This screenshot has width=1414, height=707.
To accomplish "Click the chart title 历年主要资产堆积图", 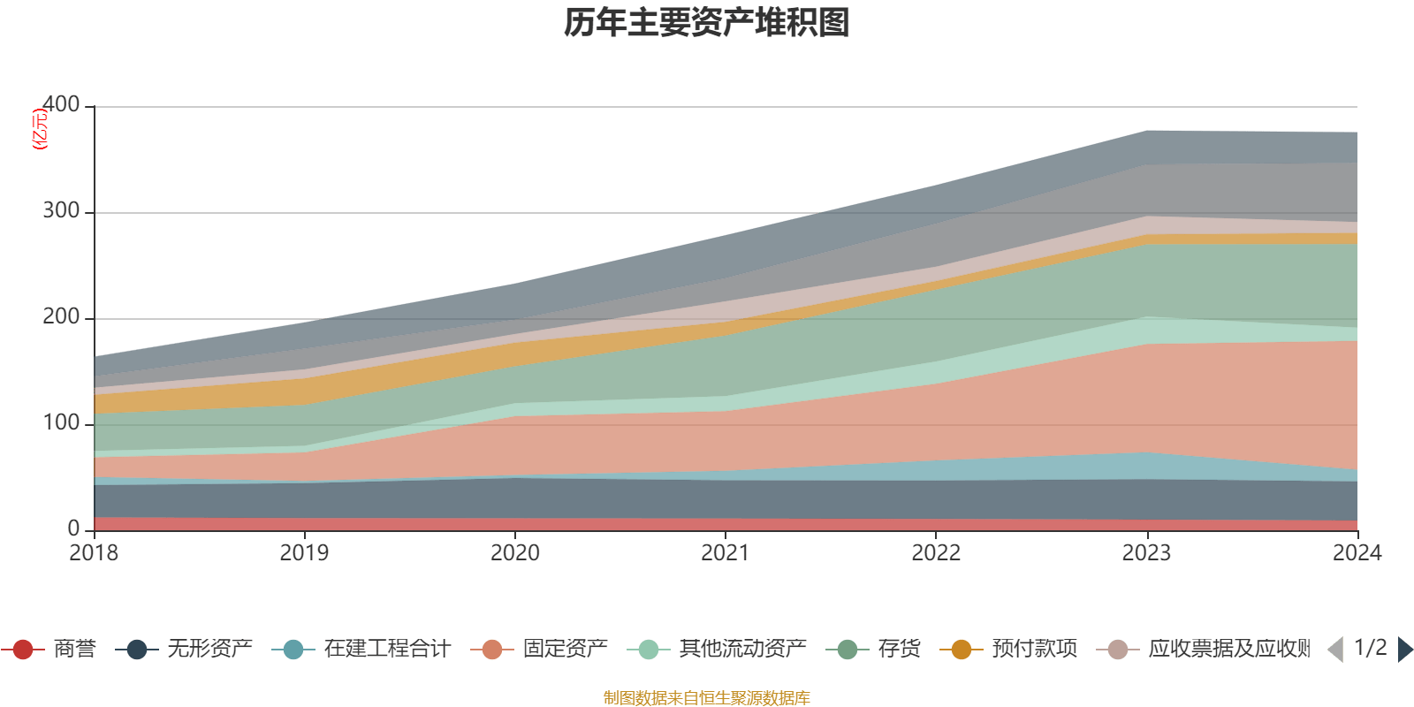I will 707,23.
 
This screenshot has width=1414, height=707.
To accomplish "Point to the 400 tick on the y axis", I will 61,104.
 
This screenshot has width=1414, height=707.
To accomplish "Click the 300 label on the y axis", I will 61,210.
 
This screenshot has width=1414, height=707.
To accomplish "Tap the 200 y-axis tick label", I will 61,316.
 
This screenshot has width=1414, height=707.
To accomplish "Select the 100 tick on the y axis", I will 61,422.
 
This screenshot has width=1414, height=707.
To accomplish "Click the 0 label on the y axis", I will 73,528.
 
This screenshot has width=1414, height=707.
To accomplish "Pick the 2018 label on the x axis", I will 94,553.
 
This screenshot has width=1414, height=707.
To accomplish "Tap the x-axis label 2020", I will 515,553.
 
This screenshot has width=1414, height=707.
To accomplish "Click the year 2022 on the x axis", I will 936,553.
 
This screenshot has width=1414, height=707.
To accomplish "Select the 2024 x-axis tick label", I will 1357,553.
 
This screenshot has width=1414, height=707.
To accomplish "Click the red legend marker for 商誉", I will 24,650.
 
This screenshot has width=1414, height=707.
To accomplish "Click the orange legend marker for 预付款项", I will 962,650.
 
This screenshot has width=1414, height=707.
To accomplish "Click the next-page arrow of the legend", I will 1403,650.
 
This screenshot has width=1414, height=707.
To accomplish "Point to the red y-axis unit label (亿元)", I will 40,129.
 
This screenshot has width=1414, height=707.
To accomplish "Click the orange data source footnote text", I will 707,698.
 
